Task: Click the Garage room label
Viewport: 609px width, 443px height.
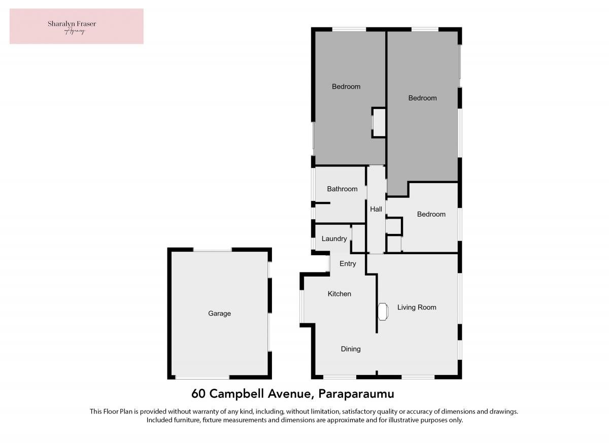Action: pyautogui.click(x=219, y=314)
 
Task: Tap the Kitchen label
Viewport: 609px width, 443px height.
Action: pyautogui.click(x=340, y=294)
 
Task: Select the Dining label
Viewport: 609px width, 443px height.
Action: pyautogui.click(x=351, y=349)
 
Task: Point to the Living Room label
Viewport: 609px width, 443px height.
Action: pyautogui.click(x=417, y=308)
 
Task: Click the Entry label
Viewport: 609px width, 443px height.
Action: pyautogui.click(x=348, y=264)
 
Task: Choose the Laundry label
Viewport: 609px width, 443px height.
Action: pyautogui.click(x=334, y=238)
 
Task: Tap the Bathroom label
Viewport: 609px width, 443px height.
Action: pyautogui.click(x=342, y=189)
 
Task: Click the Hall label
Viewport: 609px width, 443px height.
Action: pyautogui.click(x=376, y=209)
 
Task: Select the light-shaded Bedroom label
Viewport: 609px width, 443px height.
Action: pyautogui.click(x=431, y=214)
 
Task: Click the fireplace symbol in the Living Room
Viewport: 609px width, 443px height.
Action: pyautogui.click(x=383, y=312)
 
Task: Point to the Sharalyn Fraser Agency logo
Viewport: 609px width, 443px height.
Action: pyautogui.click(x=77, y=26)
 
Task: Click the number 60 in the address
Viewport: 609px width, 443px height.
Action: pyautogui.click(x=198, y=394)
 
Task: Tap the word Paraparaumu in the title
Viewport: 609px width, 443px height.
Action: pyautogui.click(x=356, y=394)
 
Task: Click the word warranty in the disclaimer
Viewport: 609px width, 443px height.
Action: pyautogui.click(x=195, y=412)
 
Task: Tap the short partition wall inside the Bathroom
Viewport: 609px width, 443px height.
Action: pyautogui.click(x=321, y=203)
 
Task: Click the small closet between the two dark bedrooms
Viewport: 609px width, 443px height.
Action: pyautogui.click(x=379, y=123)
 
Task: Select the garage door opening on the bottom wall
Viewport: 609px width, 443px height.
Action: pyautogui.click(x=202, y=377)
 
